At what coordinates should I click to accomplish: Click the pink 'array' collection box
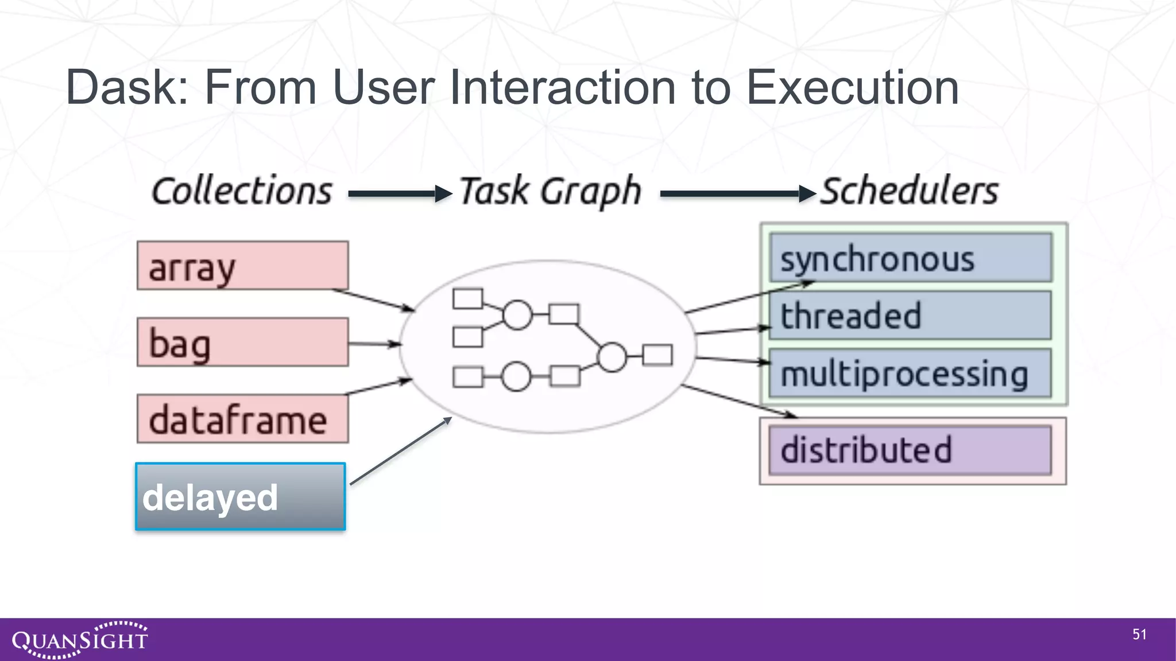click(242, 266)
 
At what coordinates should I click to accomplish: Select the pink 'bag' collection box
click(242, 343)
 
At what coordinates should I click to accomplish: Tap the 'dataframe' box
click(242, 419)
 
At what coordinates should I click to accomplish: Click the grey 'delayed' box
click(241, 497)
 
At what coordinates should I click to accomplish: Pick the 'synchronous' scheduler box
click(911, 258)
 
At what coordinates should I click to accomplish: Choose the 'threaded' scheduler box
click(911, 316)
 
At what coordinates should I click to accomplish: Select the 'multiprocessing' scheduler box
click(911, 373)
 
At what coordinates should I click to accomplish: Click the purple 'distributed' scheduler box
click(911, 450)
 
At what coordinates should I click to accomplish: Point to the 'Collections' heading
click(242, 191)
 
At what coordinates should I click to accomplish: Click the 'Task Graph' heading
click(550, 191)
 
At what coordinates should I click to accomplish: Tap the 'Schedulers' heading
click(910, 191)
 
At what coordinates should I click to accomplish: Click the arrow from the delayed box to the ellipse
click(400, 452)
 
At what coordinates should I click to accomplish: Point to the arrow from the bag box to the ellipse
click(374, 344)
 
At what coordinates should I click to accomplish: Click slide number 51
click(1139, 634)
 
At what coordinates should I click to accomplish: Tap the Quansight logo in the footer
click(80, 639)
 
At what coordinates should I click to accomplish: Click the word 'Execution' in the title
click(852, 88)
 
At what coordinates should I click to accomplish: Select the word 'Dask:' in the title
click(127, 88)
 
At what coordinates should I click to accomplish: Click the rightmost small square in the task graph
click(657, 355)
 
